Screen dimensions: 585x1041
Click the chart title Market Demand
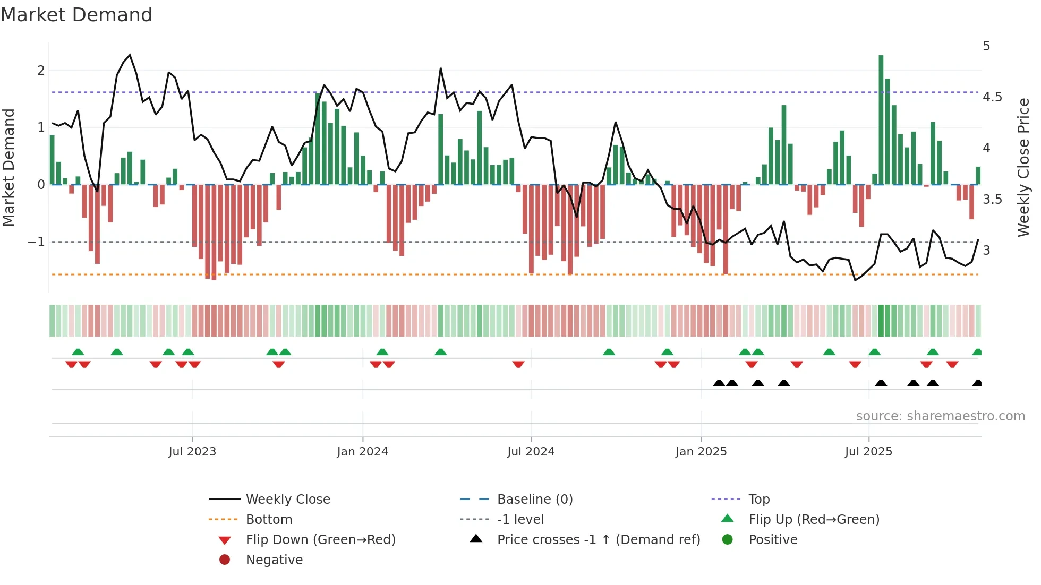coord(76,15)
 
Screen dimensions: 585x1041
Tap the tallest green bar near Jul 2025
coord(881,119)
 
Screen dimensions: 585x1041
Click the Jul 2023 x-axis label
coord(192,452)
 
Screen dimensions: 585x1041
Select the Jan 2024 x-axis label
coord(362,452)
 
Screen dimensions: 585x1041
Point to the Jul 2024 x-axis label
coord(531,452)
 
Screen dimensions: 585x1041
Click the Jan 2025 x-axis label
coord(701,452)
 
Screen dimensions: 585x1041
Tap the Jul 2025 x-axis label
coord(868,452)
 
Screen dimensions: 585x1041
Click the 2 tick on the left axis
coord(41,71)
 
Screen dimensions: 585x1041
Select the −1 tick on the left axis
coord(37,242)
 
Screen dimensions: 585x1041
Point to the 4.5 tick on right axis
coord(992,97)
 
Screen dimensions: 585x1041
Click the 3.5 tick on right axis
coord(992,200)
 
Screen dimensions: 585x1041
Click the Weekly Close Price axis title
coord(1023,167)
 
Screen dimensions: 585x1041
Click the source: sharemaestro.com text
coord(940,416)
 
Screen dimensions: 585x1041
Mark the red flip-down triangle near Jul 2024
coord(518,364)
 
